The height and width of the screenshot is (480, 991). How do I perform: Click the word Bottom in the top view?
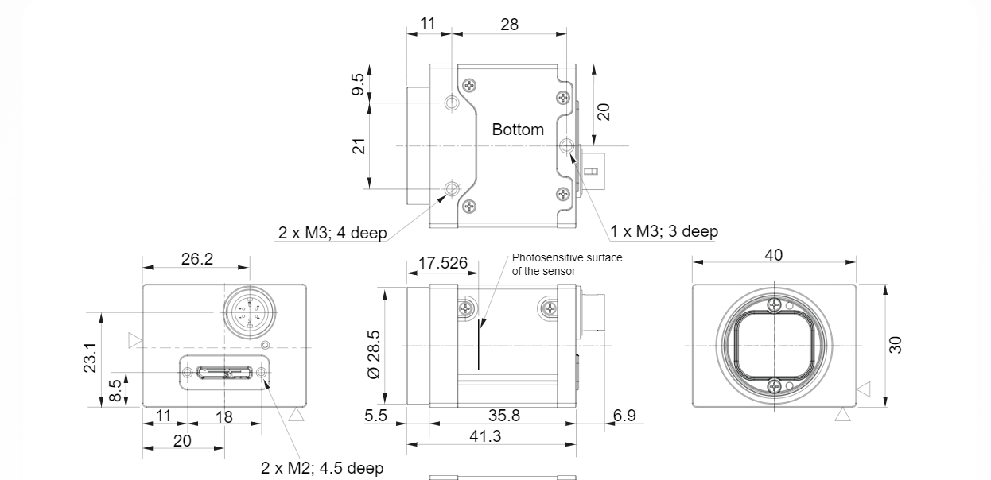518,130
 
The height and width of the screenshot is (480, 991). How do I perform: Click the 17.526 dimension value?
443,263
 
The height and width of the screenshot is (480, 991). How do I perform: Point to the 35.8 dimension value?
505,415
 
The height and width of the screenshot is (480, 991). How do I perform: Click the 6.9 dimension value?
624,415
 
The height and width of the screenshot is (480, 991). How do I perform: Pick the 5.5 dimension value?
375,415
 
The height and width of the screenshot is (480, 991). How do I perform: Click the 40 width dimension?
773,255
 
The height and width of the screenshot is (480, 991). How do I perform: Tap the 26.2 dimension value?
196,259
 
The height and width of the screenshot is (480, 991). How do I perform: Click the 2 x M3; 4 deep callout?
332,233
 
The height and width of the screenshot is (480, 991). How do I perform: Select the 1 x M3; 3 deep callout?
664,231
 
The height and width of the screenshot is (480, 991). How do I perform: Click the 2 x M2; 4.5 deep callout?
322,468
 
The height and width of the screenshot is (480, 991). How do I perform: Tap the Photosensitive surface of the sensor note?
566,264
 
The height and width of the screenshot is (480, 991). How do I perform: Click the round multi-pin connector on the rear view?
247,309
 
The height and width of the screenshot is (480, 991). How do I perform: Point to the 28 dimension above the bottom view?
509,24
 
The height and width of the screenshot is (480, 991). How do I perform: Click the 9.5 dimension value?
359,84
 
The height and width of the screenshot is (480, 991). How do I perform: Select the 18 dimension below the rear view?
223,416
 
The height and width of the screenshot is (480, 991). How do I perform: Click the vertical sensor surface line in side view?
479,345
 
